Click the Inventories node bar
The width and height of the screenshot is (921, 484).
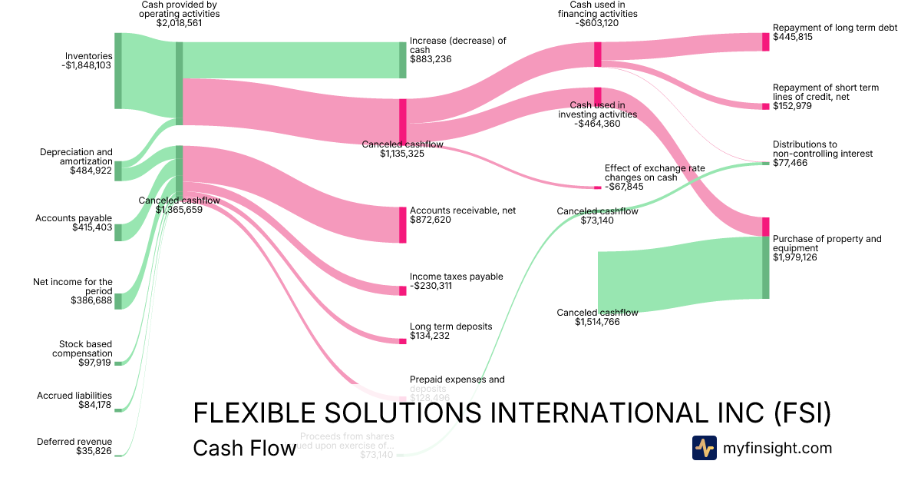click(118, 71)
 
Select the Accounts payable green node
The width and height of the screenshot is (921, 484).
click(118, 232)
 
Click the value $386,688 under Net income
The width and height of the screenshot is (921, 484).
click(91, 300)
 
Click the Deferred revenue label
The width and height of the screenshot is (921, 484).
click(74, 442)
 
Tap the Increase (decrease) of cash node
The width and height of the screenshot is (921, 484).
click(402, 60)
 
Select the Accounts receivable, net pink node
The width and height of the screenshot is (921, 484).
click(402, 225)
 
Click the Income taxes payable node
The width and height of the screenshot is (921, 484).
click(402, 290)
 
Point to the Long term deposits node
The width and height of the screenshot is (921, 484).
click(402, 340)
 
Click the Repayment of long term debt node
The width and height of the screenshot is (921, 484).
click(765, 41)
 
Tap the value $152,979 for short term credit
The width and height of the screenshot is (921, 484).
click(792, 106)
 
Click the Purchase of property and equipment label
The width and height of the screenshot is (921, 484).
click(827, 244)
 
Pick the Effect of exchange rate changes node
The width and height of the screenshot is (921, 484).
click(598, 187)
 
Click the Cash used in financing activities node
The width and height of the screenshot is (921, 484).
click(597, 54)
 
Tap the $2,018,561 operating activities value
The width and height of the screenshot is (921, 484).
click(179, 23)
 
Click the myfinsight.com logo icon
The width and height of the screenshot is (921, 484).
click(704, 448)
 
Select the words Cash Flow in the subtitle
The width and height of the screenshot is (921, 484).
click(244, 449)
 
